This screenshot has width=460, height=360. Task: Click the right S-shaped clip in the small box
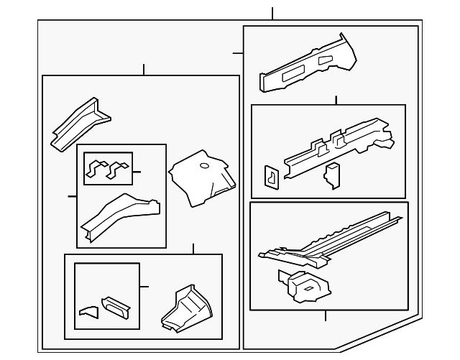117,169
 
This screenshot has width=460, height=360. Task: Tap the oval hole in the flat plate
204,167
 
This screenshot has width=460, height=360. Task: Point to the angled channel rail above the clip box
79,122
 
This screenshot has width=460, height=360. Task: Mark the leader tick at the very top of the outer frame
273,14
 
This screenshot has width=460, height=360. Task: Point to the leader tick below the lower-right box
325,315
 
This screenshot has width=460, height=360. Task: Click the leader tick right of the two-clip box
137,172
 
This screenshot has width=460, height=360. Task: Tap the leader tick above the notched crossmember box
336,100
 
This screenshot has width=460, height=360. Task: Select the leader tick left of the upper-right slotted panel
238,52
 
